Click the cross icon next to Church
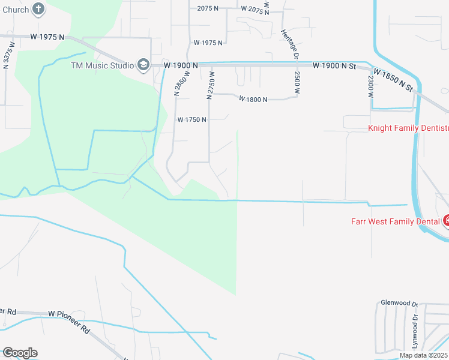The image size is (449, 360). (x=38, y=9)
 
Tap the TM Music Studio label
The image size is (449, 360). (x=101, y=65)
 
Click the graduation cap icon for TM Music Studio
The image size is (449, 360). (x=143, y=65)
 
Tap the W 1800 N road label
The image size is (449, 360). (x=253, y=100)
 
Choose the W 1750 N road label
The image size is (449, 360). (x=192, y=119)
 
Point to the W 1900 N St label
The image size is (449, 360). (x=335, y=65)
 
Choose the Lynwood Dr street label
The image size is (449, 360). (x=414, y=334)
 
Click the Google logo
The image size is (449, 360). (x=20, y=353)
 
